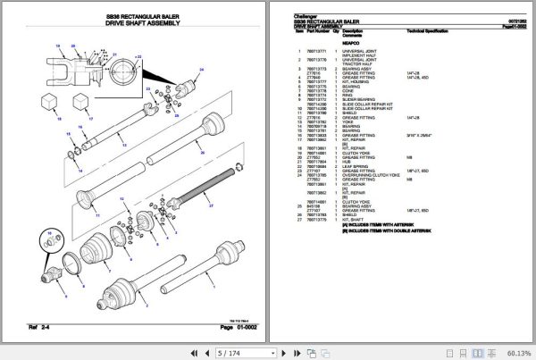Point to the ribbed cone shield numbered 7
click(97, 250)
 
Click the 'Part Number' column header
click(318, 30)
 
